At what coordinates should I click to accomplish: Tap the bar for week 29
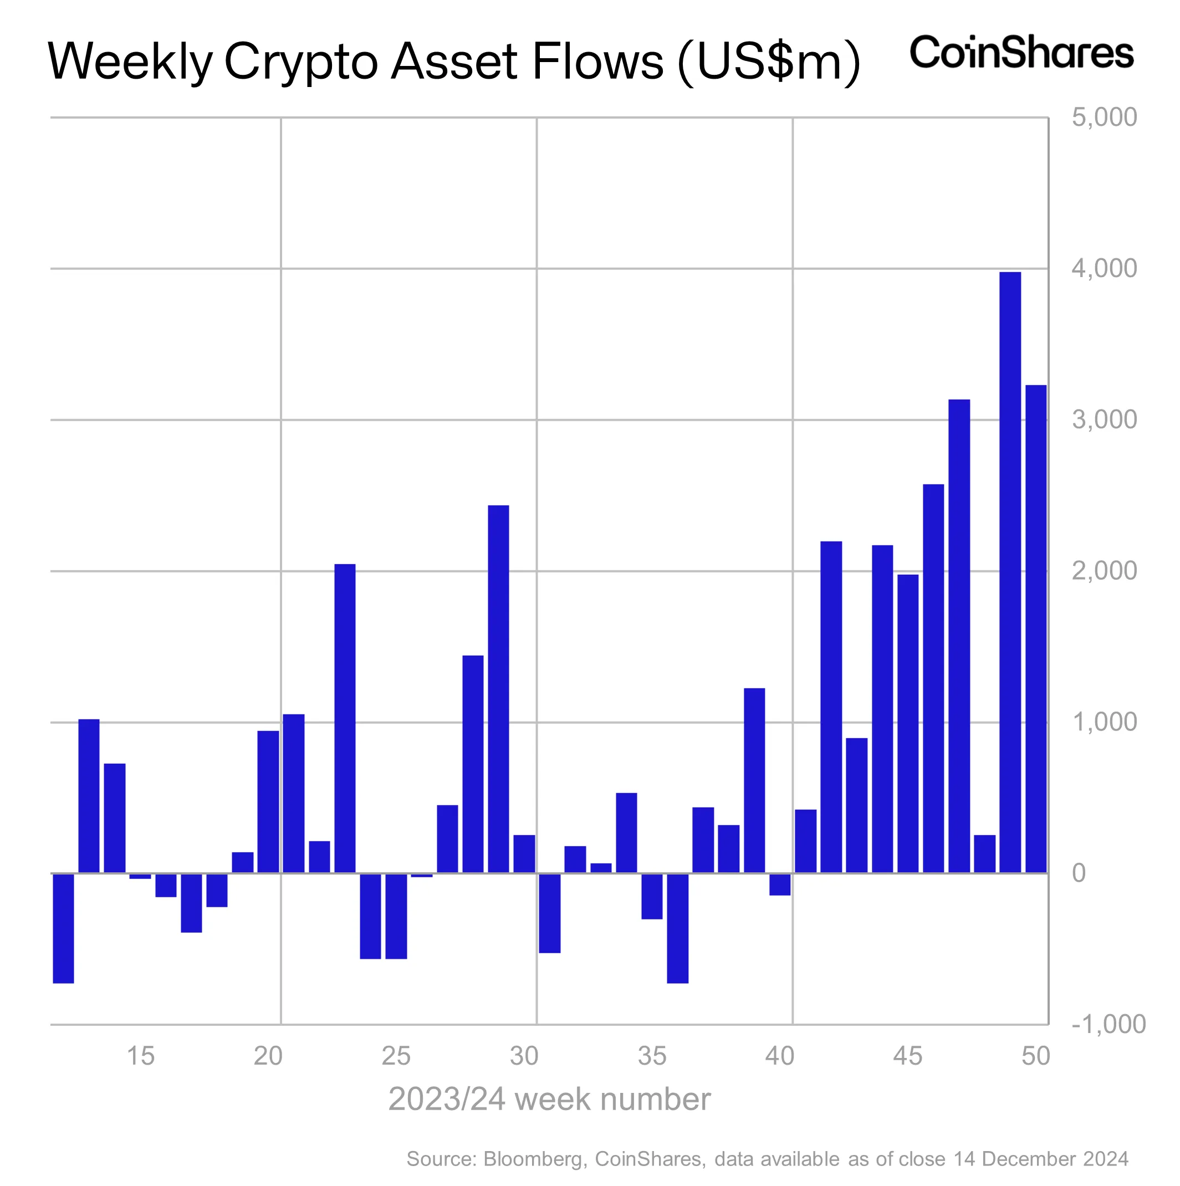coord(498,688)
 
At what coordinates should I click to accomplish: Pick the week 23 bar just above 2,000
coord(344,718)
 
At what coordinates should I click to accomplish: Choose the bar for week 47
coord(959,635)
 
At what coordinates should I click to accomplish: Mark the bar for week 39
coord(754,780)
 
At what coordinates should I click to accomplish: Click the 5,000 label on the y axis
coord(1104,117)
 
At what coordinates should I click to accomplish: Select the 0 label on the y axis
coord(1079,873)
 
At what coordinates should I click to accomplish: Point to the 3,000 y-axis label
coord(1104,420)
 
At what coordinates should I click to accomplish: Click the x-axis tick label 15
coord(140,1056)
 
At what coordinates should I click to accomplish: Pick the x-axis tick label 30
coord(524,1056)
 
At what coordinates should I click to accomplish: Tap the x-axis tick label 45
coord(907,1056)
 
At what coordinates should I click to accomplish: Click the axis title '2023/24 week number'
coord(549,1099)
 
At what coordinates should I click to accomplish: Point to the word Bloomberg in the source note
coord(532,1158)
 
